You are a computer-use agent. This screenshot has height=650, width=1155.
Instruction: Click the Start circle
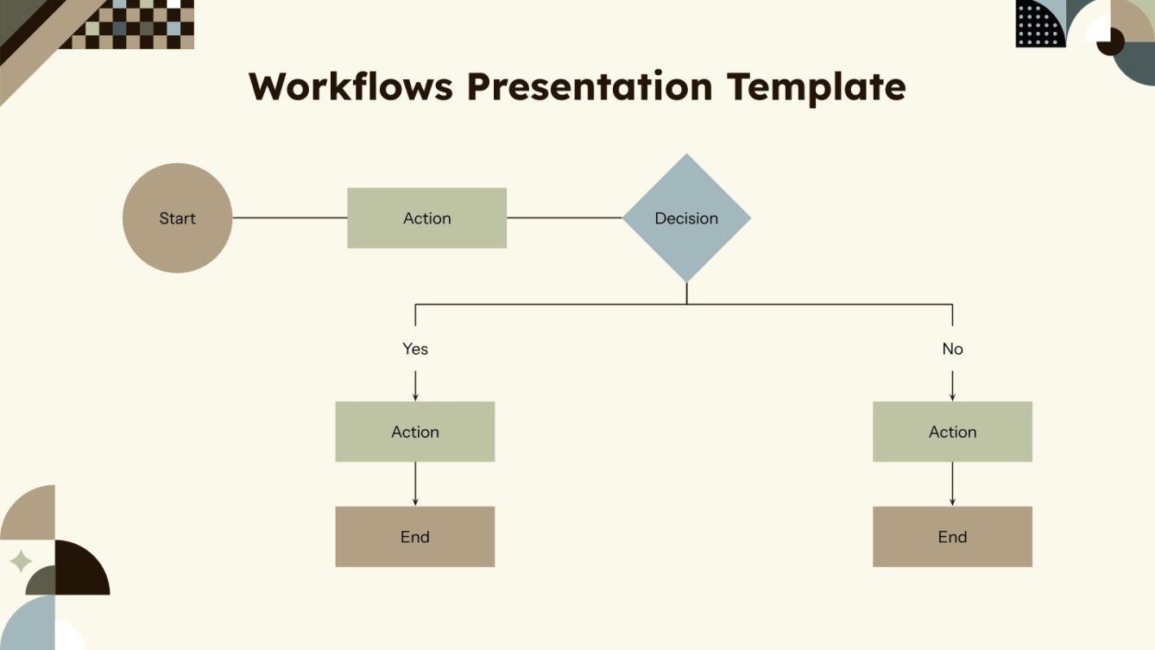coord(177,218)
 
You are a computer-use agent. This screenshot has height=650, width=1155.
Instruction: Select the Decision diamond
coord(686,218)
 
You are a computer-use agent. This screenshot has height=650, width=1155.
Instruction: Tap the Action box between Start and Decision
coord(426,218)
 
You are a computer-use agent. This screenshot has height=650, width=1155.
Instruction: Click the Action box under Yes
coord(414,432)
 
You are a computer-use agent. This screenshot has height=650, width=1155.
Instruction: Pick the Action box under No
coord(952,432)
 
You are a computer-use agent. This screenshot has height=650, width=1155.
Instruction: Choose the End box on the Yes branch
coord(414,537)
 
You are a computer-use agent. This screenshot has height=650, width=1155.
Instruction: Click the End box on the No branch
coord(952,537)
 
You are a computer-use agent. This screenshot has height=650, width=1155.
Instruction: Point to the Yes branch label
coord(415,349)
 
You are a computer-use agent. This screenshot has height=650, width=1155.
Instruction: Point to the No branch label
coord(952,349)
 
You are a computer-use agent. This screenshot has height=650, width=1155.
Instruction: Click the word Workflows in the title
coord(350,87)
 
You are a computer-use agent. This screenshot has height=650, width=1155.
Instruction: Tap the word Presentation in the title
coord(590,87)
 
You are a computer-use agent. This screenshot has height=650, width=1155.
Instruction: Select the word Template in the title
coord(816,87)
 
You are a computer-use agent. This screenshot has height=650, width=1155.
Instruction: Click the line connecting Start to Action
coord(289,218)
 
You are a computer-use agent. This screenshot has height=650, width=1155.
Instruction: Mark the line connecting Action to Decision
coord(564,218)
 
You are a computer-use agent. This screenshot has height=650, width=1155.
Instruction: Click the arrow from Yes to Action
coord(415,385)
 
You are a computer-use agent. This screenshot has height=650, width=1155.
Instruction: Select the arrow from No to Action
coord(952,385)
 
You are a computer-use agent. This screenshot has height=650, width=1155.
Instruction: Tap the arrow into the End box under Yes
coord(415,484)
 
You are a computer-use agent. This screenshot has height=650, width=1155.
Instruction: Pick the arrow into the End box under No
coord(952,484)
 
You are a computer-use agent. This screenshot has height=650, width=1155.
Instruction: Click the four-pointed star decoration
coord(20,562)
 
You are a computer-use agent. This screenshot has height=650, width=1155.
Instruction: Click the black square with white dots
coord(1040,23)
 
